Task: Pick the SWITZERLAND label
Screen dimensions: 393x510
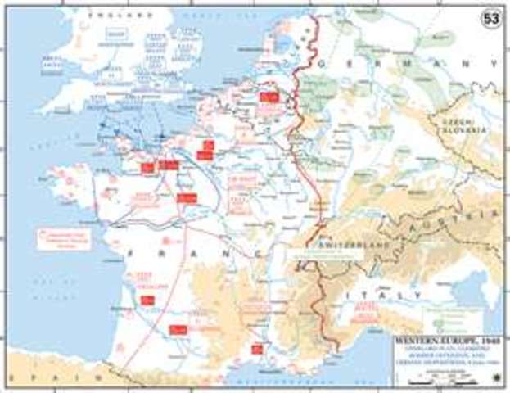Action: pyautogui.click(x=329, y=231)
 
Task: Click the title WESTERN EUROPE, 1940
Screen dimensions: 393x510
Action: pyautogui.click(x=443, y=337)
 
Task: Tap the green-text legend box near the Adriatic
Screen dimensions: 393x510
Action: pyautogui.click(x=443, y=313)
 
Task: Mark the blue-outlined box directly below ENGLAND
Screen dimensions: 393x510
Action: pyautogui.click(x=115, y=34)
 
